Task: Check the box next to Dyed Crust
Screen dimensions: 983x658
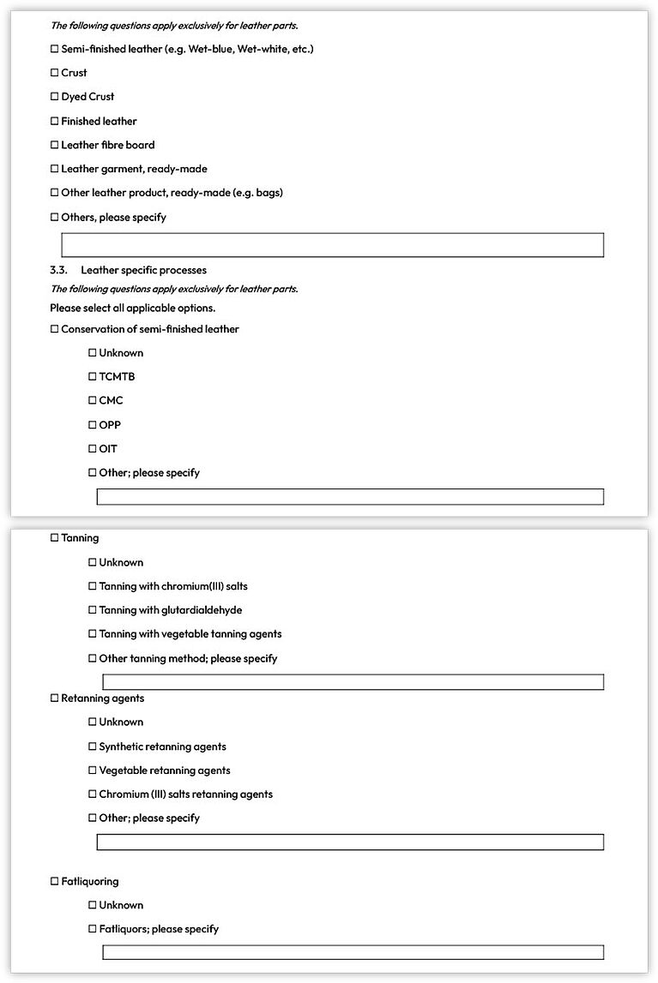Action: coord(55,97)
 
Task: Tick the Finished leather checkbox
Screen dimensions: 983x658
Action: coord(55,121)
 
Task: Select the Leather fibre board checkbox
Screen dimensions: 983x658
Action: coord(55,145)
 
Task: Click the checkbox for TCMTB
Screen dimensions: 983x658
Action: coord(93,376)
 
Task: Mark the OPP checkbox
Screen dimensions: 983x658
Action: coord(93,424)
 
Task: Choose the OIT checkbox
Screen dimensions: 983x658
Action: coord(93,448)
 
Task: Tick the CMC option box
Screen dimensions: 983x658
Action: coord(93,400)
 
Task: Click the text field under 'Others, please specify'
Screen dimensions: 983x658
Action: coord(332,245)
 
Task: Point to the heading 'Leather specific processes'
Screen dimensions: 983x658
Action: coord(143,270)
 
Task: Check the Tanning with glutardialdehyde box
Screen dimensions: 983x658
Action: coord(93,610)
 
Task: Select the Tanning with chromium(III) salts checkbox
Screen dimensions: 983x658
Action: coord(93,586)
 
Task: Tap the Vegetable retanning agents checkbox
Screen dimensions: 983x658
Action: coord(93,770)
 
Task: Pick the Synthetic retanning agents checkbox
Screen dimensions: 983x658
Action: coord(93,746)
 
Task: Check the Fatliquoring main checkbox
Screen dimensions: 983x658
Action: coord(55,881)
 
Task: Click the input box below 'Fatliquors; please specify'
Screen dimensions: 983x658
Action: coord(353,952)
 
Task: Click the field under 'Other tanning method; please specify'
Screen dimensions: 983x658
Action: coord(353,682)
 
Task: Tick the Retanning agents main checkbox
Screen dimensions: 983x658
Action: coord(55,698)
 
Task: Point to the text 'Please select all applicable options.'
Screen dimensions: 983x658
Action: coord(132,308)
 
